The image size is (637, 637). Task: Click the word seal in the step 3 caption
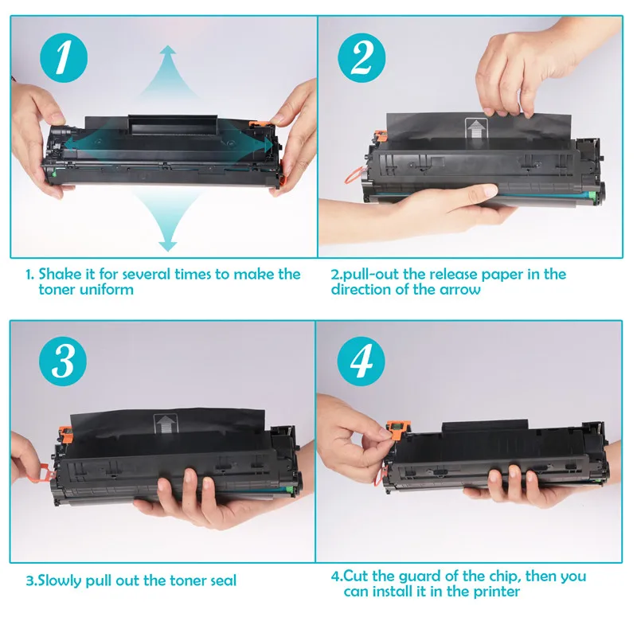221,581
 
